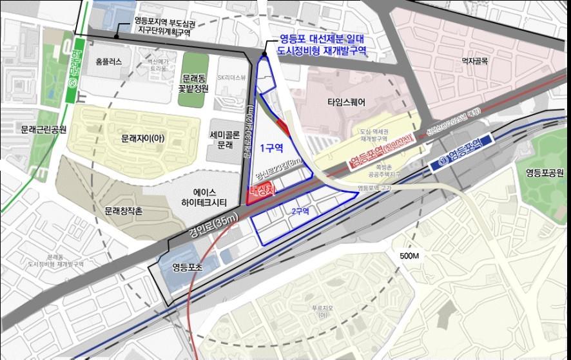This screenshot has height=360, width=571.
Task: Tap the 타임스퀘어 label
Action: [347, 102]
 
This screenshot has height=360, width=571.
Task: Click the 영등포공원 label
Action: [546, 173]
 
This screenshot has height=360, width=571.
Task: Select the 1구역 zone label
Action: [271, 147]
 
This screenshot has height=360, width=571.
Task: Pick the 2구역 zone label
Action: [300, 211]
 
